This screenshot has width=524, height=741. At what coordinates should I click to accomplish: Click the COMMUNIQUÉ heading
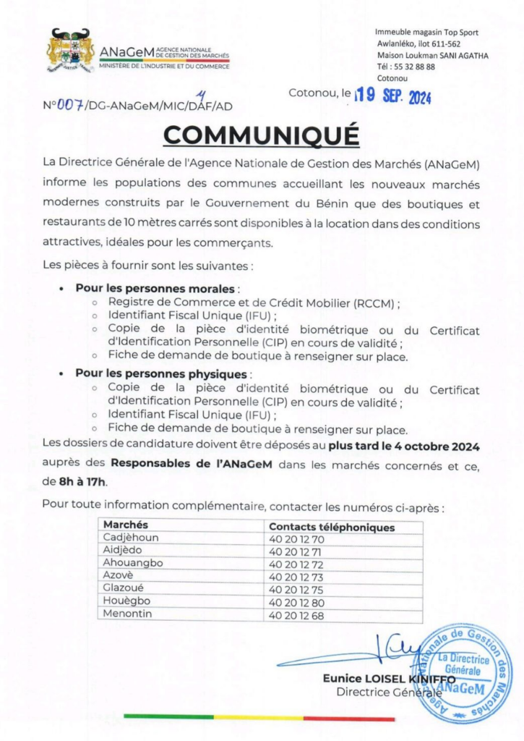261,135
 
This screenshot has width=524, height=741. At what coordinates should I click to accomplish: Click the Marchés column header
126,525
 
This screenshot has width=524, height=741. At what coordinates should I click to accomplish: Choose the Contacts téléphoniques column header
332,528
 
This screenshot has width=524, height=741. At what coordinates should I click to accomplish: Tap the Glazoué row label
126,588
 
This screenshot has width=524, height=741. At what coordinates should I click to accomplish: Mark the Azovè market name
121,575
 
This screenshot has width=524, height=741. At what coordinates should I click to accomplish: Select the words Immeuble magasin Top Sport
426,33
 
